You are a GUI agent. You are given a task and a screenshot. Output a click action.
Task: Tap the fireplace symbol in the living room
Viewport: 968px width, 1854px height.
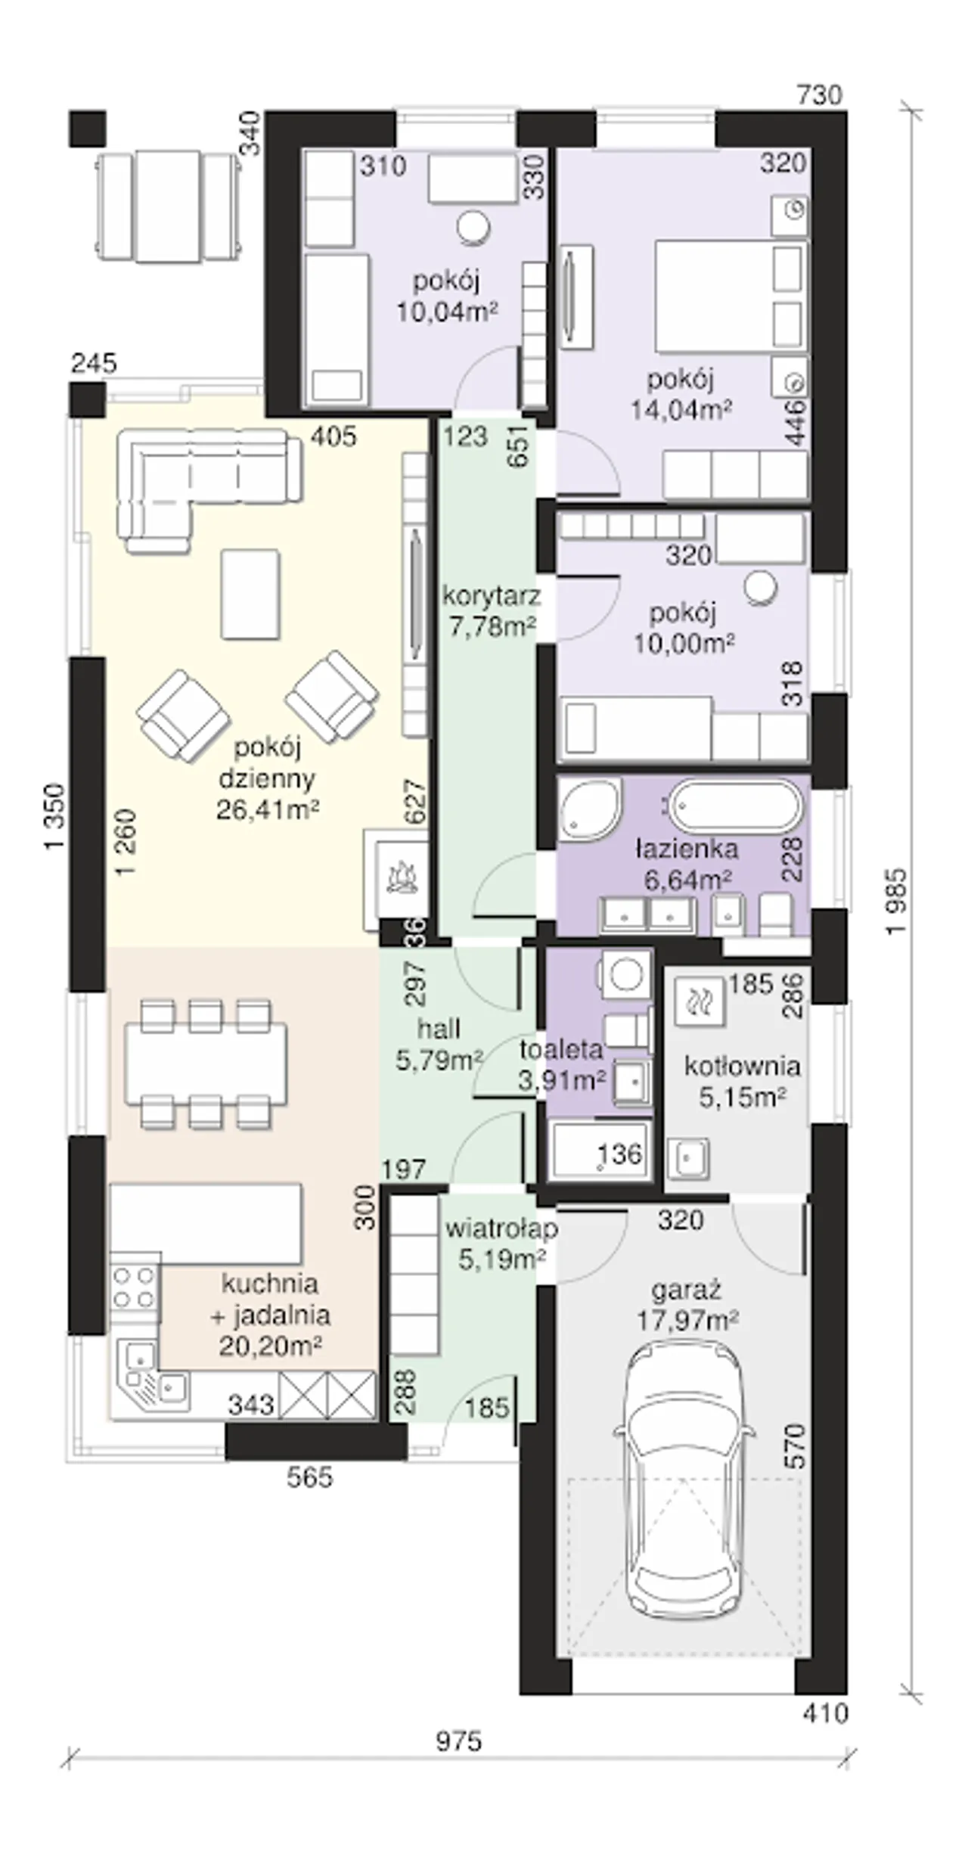(x=402, y=879)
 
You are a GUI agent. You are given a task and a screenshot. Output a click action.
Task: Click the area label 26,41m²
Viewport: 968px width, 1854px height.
(x=267, y=810)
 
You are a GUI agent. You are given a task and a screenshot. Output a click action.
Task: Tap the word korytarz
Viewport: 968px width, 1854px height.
(x=492, y=597)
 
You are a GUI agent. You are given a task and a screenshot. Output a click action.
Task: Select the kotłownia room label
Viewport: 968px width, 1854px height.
(x=741, y=1067)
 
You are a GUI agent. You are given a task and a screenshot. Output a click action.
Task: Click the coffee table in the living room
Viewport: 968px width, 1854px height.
(x=250, y=595)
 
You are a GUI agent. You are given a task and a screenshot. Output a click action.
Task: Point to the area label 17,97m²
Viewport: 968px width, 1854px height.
(x=687, y=1321)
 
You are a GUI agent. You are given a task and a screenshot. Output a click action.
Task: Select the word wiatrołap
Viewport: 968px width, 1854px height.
(x=501, y=1228)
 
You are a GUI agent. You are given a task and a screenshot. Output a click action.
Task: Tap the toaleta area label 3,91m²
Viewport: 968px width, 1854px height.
(x=561, y=1081)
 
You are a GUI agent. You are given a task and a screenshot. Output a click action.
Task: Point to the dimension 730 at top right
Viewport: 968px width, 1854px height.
(x=820, y=95)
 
